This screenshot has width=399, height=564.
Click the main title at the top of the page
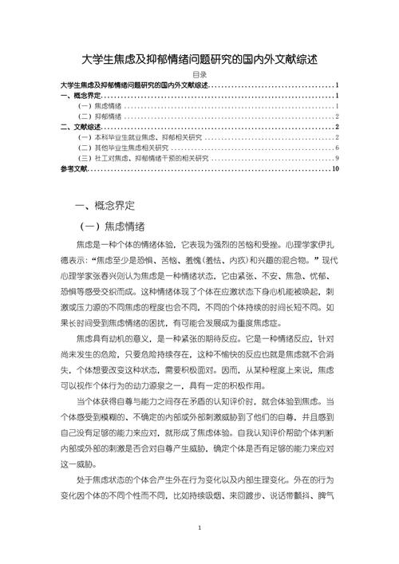click(x=199, y=60)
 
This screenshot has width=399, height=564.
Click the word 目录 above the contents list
click(x=199, y=75)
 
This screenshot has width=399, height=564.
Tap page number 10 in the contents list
click(x=336, y=169)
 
